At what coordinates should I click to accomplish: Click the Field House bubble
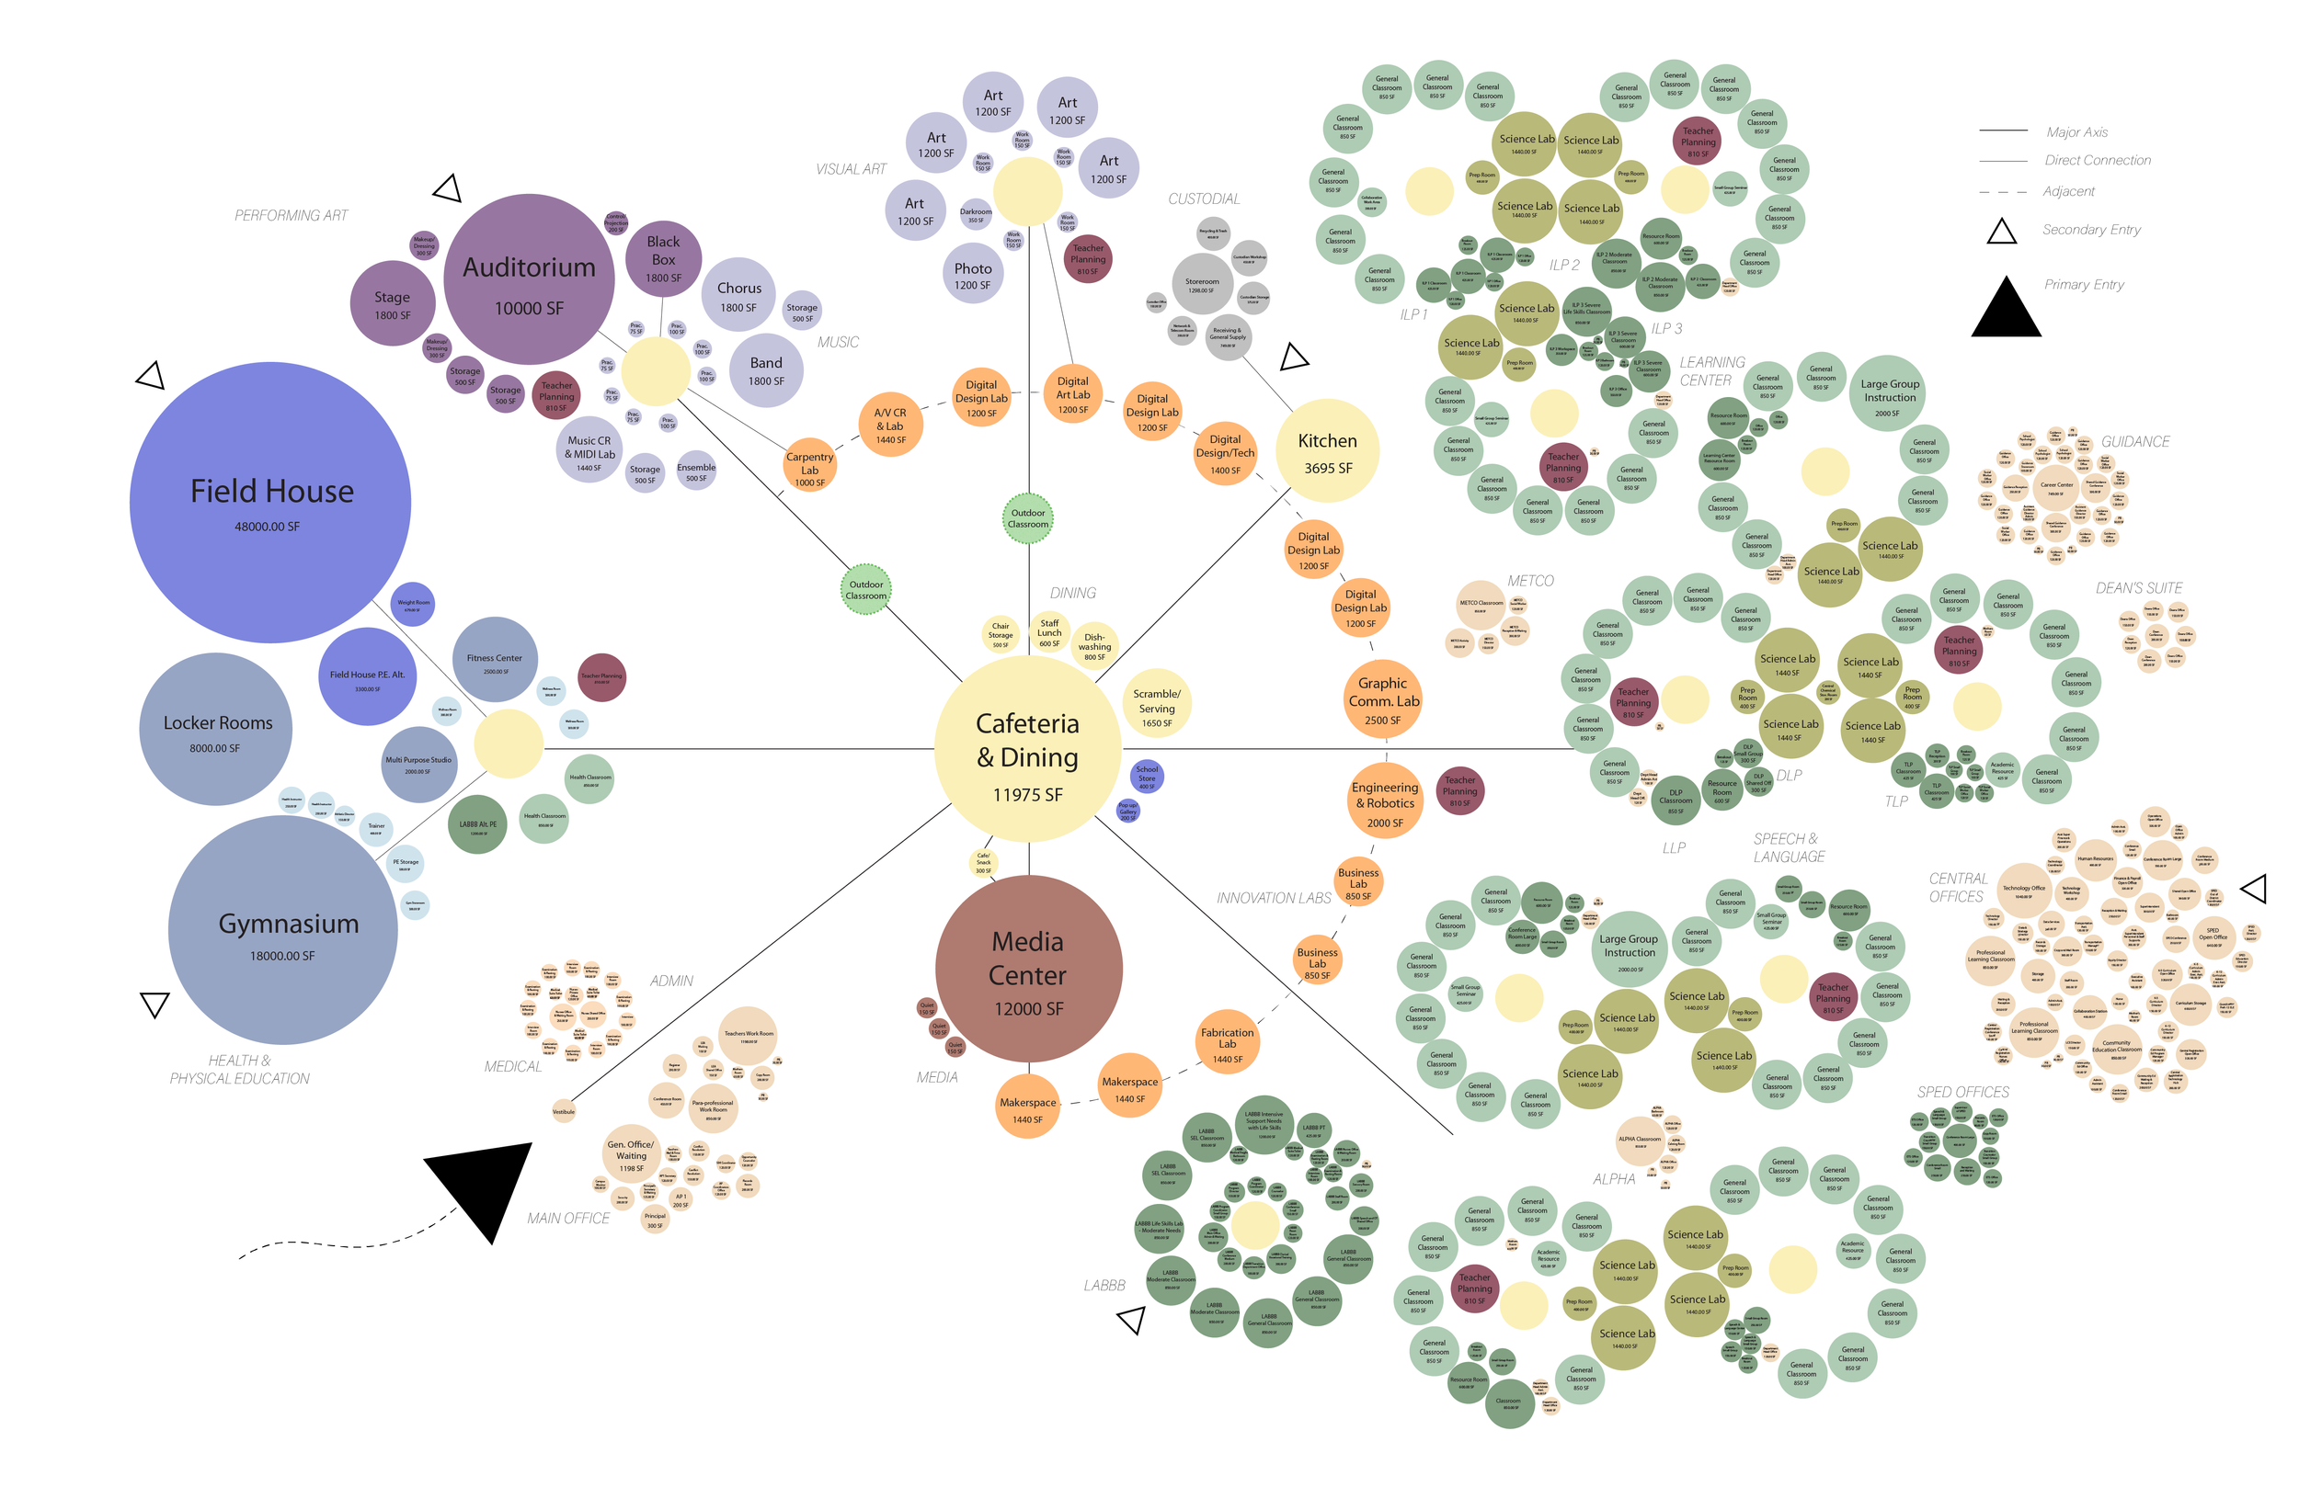(x=270, y=502)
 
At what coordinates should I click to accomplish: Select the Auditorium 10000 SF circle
(x=529, y=280)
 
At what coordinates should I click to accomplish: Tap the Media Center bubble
(x=1028, y=971)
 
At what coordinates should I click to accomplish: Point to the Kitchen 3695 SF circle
(x=1327, y=451)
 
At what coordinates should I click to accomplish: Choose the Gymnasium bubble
(x=283, y=929)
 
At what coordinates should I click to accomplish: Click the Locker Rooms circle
(x=215, y=729)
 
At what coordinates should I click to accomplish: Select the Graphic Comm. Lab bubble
(x=1382, y=698)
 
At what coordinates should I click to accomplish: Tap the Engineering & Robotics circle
(x=1384, y=801)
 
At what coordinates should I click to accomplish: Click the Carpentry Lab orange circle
(x=809, y=468)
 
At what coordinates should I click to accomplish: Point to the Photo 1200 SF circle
(x=973, y=273)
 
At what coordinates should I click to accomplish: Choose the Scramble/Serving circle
(x=1156, y=705)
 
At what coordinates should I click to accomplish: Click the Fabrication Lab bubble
(x=1227, y=1043)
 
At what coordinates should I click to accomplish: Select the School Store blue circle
(x=1147, y=777)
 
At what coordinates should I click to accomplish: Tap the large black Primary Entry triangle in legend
(x=2006, y=311)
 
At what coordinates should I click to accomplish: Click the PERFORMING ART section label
(x=291, y=215)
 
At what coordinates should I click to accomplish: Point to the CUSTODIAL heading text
(x=1204, y=199)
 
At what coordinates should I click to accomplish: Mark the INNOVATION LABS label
(x=1273, y=898)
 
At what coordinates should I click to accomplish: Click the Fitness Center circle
(x=495, y=660)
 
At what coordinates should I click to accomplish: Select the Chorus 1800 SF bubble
(x=739, y=294)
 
